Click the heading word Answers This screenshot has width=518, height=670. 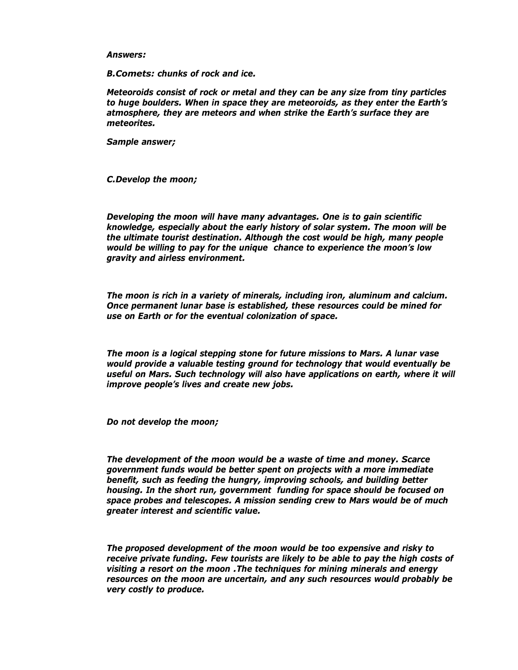tap(126, 55)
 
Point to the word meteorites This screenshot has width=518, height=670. tap(131, 123)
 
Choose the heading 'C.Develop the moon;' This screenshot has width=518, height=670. tap(152, 180)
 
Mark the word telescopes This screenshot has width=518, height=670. tap(207, 500)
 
